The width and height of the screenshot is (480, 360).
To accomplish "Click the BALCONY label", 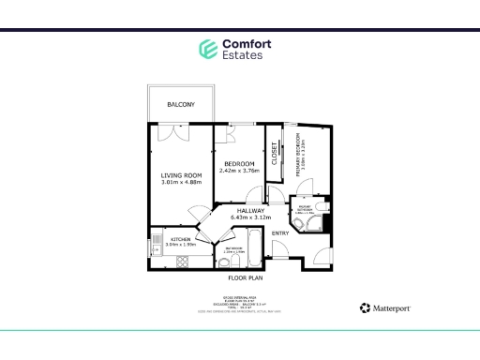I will point(181,104).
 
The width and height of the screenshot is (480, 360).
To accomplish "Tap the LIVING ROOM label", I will point(181,175).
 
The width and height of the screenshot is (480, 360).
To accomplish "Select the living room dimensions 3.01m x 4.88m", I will point(181,183).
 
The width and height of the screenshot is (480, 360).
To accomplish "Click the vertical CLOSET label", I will point(275,153).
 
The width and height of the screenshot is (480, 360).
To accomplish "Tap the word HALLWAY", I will point(250,211).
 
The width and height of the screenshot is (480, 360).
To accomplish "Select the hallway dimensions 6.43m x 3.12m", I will point(250,218).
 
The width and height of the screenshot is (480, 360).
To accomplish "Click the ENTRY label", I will point(280,232).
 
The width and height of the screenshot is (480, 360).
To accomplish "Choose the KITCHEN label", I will point(180,240).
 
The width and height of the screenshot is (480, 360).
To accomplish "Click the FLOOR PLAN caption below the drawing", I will point(245,278).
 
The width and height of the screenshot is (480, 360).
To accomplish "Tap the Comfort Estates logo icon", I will point(207,49).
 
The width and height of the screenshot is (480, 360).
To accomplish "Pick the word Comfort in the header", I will point(245,43).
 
